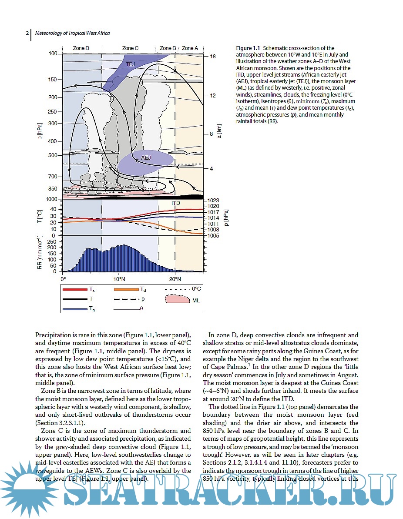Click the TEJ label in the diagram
coord(130,64)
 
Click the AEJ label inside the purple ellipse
coord(146,157)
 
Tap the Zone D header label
coord(81,48)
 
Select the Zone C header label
coord(131,48)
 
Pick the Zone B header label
coord(168,48)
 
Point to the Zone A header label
coord(190,48)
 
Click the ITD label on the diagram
coord(175,203)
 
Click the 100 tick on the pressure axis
coord(53,54)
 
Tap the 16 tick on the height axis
coord(213,57)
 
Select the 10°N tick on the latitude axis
coord(119,278)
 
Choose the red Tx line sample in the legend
coord(75,289)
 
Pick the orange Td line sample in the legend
coord(126,289)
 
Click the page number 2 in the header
coord(27,33)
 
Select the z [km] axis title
coord(219,131)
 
